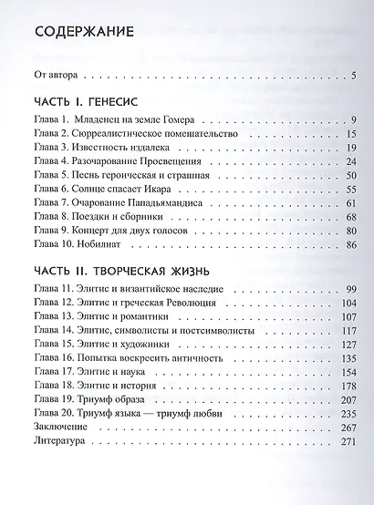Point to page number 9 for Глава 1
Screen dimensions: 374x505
350,119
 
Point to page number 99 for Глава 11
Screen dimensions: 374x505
348,290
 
